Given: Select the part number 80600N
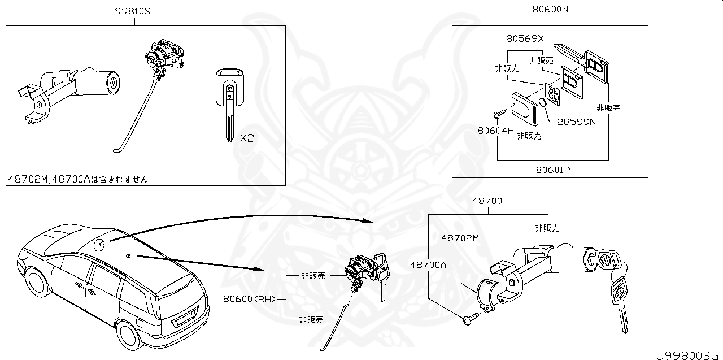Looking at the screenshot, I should click(x=550, y=10).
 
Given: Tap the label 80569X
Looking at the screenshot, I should click(x=524, y=39).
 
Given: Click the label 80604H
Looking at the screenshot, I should click(x=495, y=131).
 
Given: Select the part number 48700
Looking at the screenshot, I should click(x=487, y=201).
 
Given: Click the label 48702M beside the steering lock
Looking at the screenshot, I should click(x=460, y=238).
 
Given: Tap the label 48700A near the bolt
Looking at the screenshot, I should click(x=428, y=264).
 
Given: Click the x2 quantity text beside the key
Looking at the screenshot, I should click(x=247, y=138).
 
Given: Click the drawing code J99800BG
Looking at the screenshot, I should click(x=687, y=354).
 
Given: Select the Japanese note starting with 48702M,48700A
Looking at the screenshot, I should click(x=78, y=179).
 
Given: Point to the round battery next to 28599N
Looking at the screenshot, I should click(x=541, y=103).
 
